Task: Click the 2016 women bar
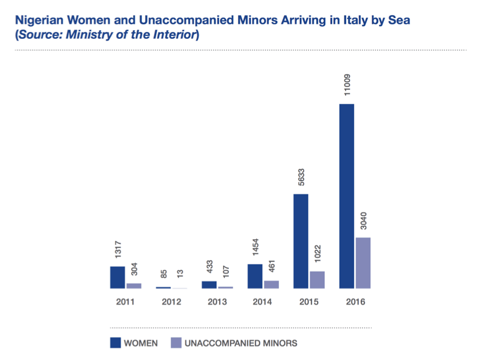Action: point(347,196)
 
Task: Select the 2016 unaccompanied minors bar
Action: point(363,263)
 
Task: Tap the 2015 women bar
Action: point(301,241)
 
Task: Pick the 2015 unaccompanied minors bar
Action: point(317,280)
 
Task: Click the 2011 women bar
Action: point(117,278)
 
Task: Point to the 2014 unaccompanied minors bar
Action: point(271,285)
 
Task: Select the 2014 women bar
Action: point(255,276)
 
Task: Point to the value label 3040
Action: point(364,221)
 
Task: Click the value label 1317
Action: point(117,250)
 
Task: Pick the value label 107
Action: point(226,271)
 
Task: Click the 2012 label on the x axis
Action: point(171,302)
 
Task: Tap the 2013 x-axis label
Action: point(217,302)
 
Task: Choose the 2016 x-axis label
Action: point(355,302)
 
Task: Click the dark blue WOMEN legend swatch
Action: point(115,343)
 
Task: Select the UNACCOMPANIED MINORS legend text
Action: point(240,343)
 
